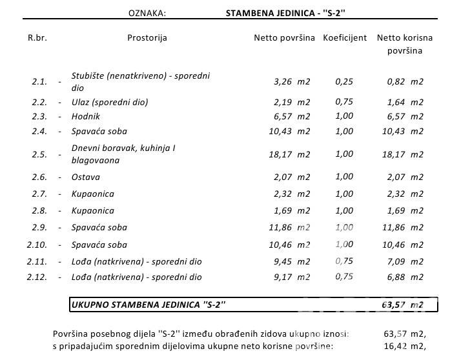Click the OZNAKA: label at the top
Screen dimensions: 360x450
pos(147,12)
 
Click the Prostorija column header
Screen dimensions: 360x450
pos(147,37)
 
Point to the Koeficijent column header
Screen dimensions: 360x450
pos(345,37)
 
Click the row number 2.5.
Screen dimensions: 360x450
pos(39,155)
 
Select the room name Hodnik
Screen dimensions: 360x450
pos(85,116)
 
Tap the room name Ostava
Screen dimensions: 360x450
pos(85,177)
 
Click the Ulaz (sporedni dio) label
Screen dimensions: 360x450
pos(110,102)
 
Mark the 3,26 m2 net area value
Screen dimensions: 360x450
pos(292,82)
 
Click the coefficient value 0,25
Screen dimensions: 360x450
pos(345,81)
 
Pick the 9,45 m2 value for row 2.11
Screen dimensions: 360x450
pos(292,261)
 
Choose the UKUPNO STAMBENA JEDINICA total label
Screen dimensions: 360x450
pos(148,304)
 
